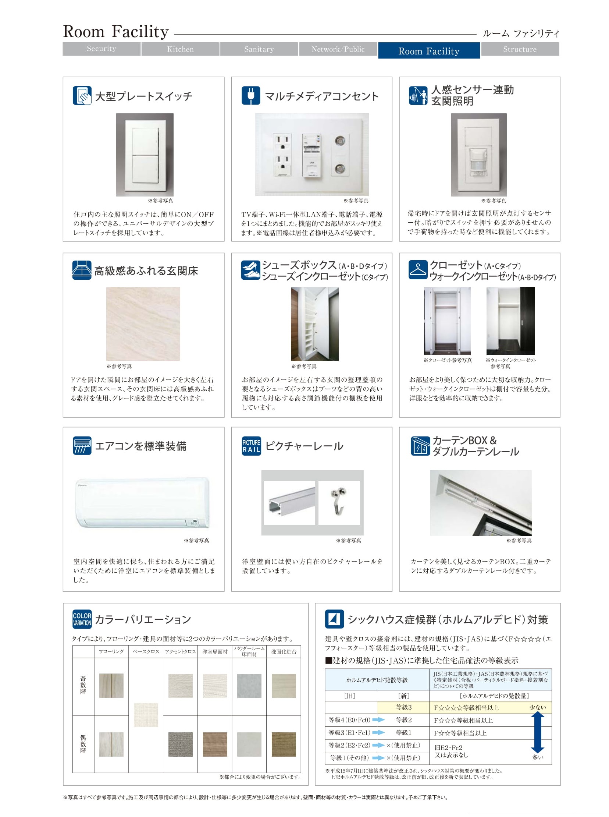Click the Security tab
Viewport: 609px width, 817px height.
[x=101, y=49]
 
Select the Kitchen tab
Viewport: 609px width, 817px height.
[x=180, y=49]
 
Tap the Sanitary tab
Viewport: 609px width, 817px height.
[x=259, y=49]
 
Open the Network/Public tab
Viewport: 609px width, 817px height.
[x=338, y=49]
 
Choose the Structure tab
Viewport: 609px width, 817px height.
[x=520, y=49]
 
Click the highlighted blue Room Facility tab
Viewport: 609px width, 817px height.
[x=429, y=50]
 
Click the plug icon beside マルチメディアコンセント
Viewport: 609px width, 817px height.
[x=251, y=96]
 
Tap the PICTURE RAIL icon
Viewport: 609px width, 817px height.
[x=252, y=446]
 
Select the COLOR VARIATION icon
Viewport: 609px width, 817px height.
[x=82, y=619]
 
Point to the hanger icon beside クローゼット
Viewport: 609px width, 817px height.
[x=418, y=270]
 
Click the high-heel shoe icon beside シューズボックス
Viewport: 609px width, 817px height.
[x=251, y=270]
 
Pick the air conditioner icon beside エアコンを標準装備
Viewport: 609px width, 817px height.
[x=82, y=446]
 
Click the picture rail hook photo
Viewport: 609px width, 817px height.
[x=339, y=502]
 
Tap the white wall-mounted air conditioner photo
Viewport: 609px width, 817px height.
[x=142, y=503]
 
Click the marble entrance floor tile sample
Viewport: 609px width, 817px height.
[x=143, y=324]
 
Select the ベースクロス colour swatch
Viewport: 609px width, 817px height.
[x=146, y=715]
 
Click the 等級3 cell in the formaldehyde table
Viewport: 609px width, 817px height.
[x=404, y=707]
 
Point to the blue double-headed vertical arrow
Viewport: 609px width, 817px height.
[x=538, y=732]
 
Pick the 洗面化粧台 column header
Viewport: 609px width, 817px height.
[x=284, y=652]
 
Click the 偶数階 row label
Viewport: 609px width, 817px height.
[x=83, y=744]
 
